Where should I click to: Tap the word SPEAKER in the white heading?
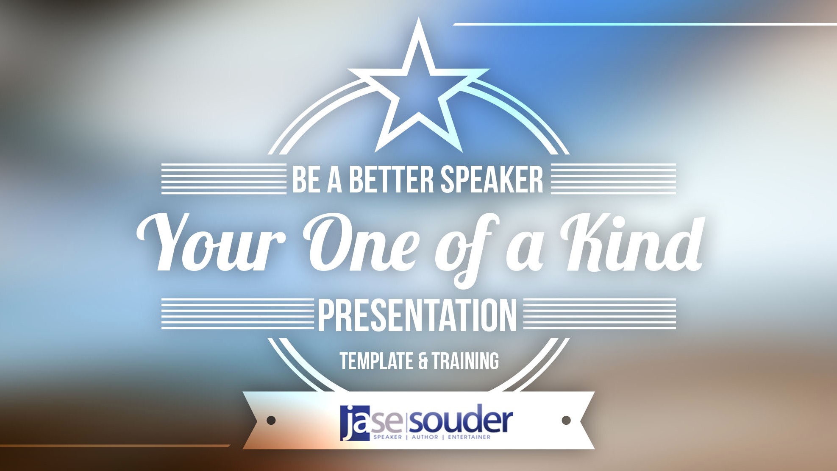point(492,179)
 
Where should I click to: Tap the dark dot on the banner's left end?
point(271,420)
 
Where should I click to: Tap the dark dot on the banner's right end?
point(566,420)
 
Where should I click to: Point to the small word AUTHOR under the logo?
point(425,437)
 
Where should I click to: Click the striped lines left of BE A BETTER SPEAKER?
point(224,179)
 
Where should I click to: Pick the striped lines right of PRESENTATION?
point(600,314)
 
